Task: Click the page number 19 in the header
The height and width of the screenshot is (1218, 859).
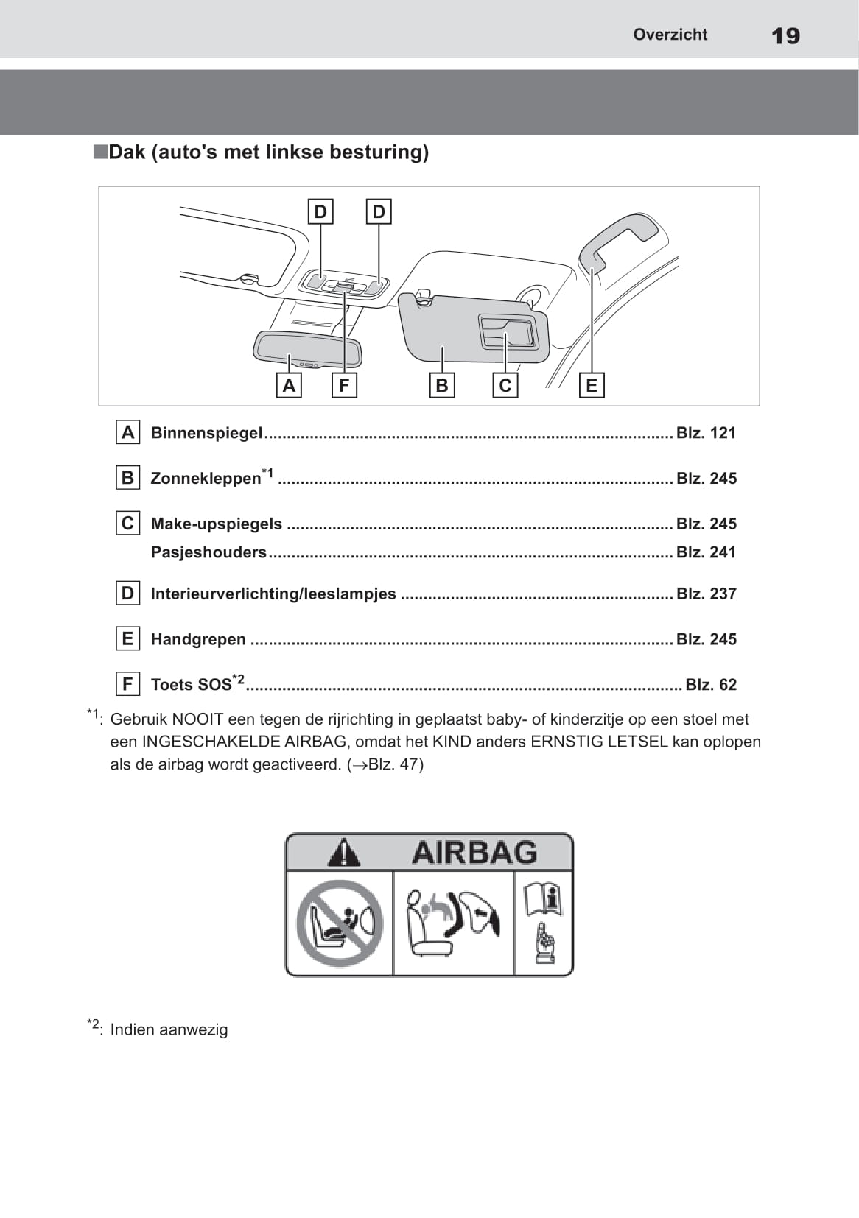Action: (785, 35)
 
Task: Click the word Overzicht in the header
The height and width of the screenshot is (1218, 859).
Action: (670, 35)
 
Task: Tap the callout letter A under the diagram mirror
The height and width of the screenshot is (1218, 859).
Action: (289, 385)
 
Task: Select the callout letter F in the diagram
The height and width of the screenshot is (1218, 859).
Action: (344, 385)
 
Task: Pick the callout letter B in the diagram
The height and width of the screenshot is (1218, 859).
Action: (442, 385)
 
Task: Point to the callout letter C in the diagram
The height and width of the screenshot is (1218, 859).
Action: (505, 385)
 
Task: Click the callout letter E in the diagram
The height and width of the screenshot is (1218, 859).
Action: (591, 385)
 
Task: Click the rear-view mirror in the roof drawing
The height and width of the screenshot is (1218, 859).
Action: (306, 348)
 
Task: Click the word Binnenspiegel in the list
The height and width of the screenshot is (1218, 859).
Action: (206, 433)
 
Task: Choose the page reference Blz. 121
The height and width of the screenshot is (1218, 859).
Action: (706, 433)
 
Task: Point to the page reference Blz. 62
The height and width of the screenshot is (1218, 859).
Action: (710, 685)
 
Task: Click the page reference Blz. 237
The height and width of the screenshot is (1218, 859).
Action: (706, 594)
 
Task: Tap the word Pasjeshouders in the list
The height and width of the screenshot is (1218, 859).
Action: (208, 552)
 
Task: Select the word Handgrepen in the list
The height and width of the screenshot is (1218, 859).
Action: (198, 639)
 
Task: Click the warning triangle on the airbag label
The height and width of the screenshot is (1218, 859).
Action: (343, 853)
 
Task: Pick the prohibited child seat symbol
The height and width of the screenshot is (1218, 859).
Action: (340, 923)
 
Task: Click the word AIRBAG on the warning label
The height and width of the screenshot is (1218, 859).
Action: (474, 853)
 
